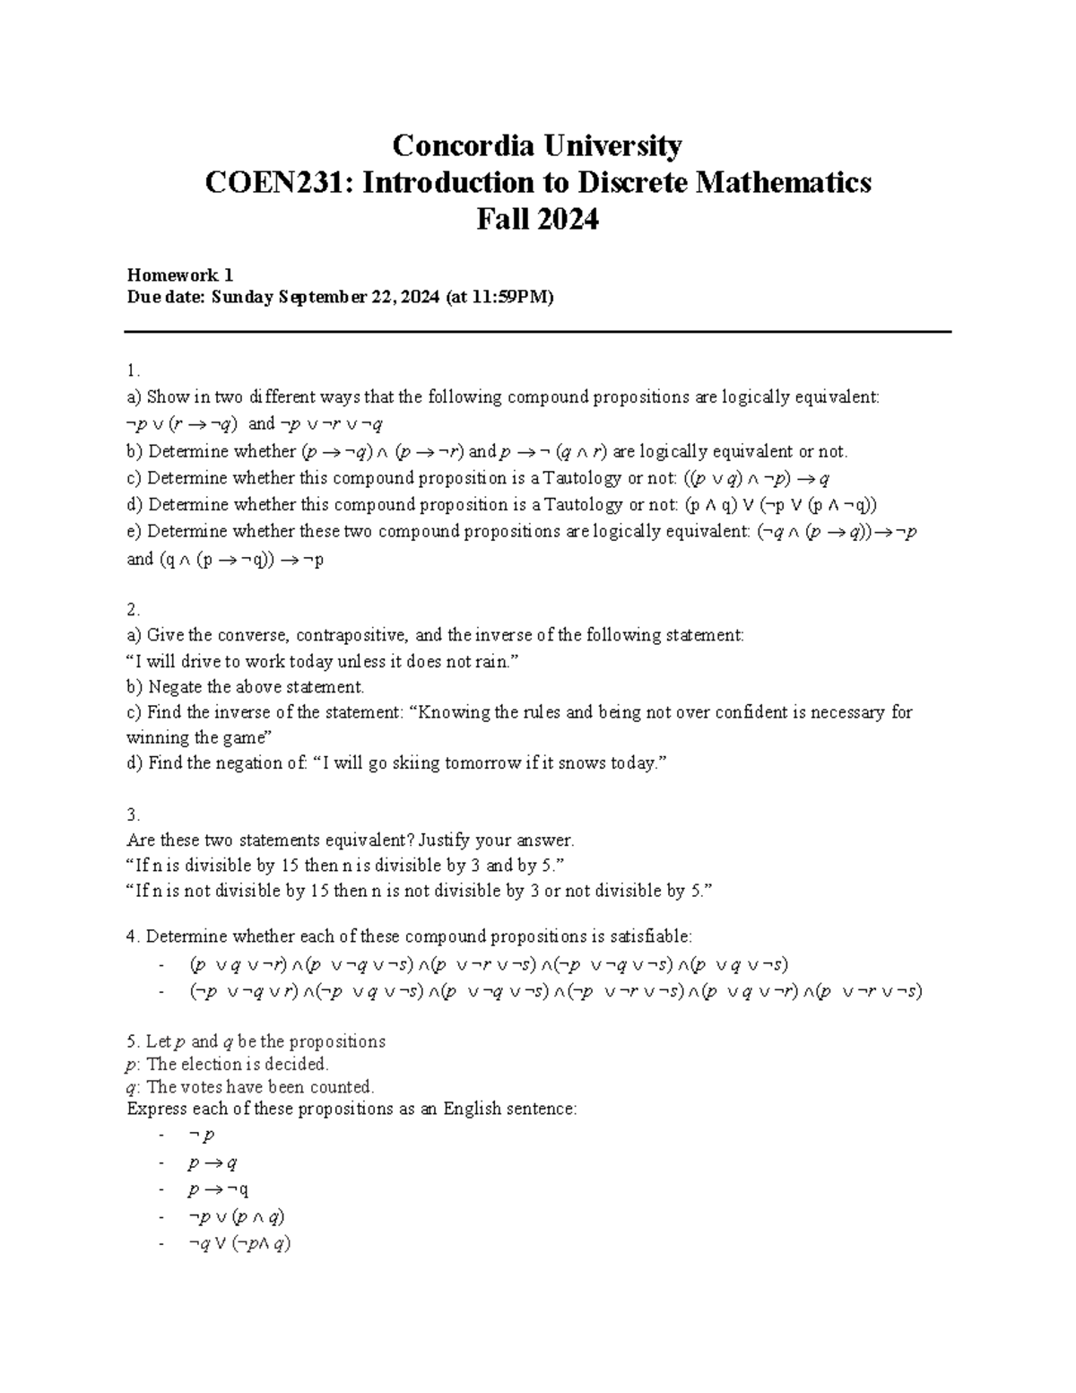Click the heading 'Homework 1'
pyautogui.click(x=179, y=275)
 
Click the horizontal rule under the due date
pyautogui.click(x=538, y=333)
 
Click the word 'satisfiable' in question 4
pyautogui.click(x=649, y=936)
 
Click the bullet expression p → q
pyautogui.click(x=212, y=1163)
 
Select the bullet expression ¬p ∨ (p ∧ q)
pyautogui.click(x=237, y=1217)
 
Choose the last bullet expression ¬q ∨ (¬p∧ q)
pyautogui.click(x=239, y=1244)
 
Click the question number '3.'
pyautogui.click(x=134, y=815)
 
